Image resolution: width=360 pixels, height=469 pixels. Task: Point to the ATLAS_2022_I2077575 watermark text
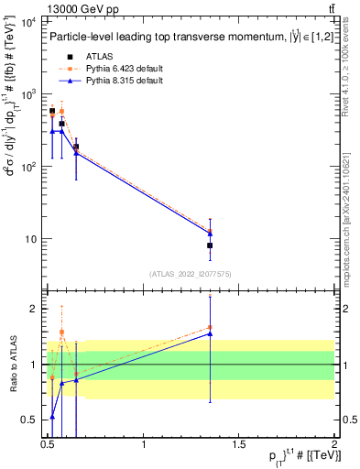191,273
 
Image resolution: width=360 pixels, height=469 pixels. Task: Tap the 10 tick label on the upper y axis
29,240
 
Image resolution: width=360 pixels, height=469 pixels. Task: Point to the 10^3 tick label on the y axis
27,94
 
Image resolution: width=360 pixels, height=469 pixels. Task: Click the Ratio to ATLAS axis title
14,364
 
